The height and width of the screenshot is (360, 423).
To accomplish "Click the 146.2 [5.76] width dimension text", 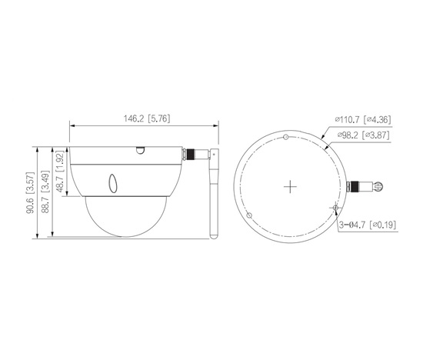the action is coord(147,118).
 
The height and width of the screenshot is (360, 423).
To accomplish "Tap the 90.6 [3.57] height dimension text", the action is coord(30,192).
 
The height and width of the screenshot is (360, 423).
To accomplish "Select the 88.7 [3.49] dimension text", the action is coord(45,192).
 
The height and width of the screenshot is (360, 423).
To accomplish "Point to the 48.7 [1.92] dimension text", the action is coord(59,171).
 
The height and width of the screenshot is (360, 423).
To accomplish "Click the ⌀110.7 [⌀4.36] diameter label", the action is coord(362,119).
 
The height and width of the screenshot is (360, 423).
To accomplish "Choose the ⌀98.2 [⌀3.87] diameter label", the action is coord(363,135).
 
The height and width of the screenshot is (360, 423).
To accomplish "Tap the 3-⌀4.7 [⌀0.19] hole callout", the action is coord(368,225).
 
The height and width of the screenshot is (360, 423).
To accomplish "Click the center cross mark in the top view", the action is coord(290,186).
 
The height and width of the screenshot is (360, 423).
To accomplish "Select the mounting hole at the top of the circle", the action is coord(286,137).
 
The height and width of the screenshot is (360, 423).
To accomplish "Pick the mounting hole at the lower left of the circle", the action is coord(249,215).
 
